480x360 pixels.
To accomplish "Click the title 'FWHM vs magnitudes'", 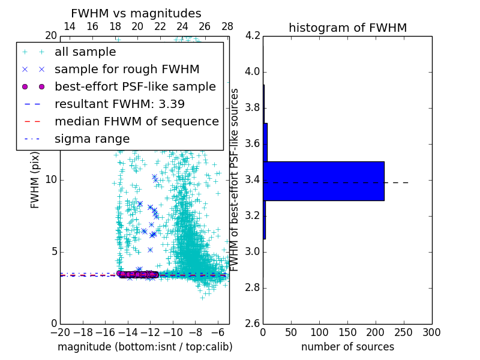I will [136, 13].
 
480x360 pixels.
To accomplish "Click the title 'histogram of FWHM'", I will [347, 28].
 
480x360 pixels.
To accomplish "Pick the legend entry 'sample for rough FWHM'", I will [127, 70].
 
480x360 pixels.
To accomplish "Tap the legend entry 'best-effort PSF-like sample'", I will [135, 87].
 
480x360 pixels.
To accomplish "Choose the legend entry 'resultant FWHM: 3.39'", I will [119, 104].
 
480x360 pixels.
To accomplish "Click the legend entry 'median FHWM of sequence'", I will [136, 122].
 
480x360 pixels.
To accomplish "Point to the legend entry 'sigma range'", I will [92, 139].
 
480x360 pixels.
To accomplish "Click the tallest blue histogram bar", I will [323, 181].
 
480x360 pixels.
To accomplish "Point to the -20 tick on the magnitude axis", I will [60, 332].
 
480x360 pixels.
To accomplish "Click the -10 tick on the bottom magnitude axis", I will [173, 332].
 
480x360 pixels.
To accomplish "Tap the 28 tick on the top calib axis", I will [227, 26].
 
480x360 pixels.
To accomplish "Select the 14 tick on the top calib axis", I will [70, 26].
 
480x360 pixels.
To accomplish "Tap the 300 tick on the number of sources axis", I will [431, 332].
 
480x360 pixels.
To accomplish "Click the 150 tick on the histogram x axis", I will [347, 332].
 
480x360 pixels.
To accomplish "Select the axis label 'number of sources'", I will [347, 347].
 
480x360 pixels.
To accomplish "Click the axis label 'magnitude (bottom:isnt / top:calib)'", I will [145, 347].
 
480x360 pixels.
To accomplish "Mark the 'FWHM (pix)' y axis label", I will [35, 179].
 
